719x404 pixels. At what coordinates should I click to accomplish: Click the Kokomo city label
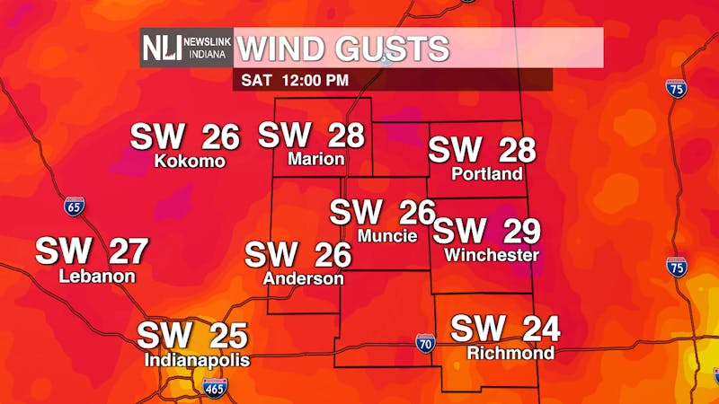[189, 162]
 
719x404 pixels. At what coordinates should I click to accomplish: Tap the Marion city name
[316, 159]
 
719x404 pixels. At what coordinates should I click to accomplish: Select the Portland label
[487, 173]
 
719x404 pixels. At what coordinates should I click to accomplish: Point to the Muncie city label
[387, 236]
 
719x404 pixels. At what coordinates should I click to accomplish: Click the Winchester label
[492, 255]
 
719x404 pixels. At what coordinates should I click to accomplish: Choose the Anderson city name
[303, 279]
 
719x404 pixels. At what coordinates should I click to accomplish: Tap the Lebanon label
[97, 277]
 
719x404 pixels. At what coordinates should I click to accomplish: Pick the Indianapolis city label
[197, 360]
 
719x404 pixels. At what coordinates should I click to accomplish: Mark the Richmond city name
[510, 353]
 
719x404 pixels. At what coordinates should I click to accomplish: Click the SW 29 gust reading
[486, 231]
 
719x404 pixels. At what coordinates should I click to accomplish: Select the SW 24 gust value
[505, 329]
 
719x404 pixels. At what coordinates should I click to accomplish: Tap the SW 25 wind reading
[191, 336]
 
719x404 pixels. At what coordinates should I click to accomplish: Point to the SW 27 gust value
[91, 251]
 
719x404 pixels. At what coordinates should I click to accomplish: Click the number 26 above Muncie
[416, 213]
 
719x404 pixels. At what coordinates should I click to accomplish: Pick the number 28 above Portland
[517, 149]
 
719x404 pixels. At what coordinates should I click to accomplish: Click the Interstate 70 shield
[426, 342]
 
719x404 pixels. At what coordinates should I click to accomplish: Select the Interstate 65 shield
[75, 206]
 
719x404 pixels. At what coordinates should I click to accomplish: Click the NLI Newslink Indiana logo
[186, 48]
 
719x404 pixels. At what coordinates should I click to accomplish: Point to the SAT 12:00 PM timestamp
[292, 80]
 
